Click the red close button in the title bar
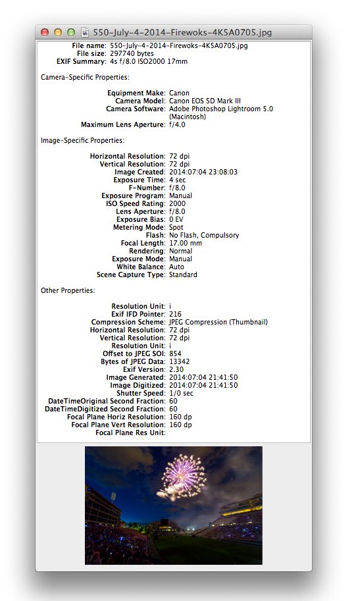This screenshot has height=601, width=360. coord(45,32)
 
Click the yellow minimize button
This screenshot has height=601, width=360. coord(58,32)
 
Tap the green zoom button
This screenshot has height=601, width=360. coord(70,32)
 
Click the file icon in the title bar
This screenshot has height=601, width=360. coord(85,32)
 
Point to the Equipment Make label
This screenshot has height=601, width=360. coord(136,93)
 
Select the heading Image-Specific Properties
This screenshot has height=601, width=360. coord(82,140)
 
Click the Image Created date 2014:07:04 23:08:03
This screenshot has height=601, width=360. coord(203,172)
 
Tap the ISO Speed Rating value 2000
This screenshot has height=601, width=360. coord(177,203)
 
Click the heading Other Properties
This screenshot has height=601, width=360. coord(68,290)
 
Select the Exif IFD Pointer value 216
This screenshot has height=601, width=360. coord(175,314)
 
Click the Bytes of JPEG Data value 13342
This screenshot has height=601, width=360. coord(180,361)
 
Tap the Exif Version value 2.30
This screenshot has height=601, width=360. coord(176,369)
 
